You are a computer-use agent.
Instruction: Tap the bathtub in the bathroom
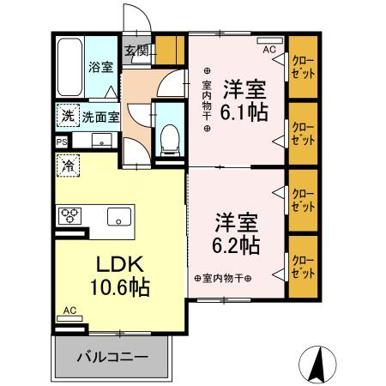click(70, 67)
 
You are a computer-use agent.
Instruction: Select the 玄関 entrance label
click(136, 51)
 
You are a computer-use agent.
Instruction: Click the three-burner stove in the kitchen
click(69, 216)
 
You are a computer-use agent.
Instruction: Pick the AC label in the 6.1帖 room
click(268, 50)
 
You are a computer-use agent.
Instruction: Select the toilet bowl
click(169, 137)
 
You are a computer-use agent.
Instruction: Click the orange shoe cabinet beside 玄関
click(175, 49)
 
